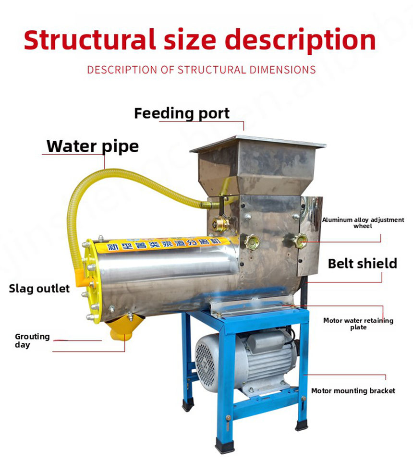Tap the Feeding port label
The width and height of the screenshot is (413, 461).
coord(182,113)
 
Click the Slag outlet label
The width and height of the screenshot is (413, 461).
coord(39,289)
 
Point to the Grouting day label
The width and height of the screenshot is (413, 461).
coord(32,340)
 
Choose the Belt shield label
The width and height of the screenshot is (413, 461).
coord(362,263)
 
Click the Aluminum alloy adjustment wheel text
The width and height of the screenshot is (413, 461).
coord(363,223)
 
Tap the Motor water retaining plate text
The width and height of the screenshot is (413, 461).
coord(358,324)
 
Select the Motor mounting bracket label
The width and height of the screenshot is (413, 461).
coord(353,391)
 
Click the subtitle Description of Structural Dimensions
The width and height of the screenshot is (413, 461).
coord(201,70)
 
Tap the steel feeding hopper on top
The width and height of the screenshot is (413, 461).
coord(257,166)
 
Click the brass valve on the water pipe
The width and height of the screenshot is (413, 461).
coord(221,223)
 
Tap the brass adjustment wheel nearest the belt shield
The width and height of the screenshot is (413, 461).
coord(300,240)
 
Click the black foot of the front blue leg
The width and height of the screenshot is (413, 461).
coord(225,446)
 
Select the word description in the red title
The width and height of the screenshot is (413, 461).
coord(301,40)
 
